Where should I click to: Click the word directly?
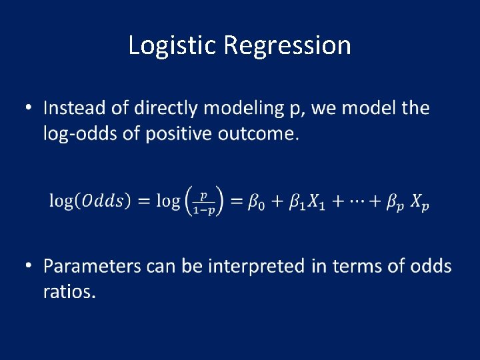point(166,109)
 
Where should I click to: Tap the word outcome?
point(263,134)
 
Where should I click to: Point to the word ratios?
point(69,292)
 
